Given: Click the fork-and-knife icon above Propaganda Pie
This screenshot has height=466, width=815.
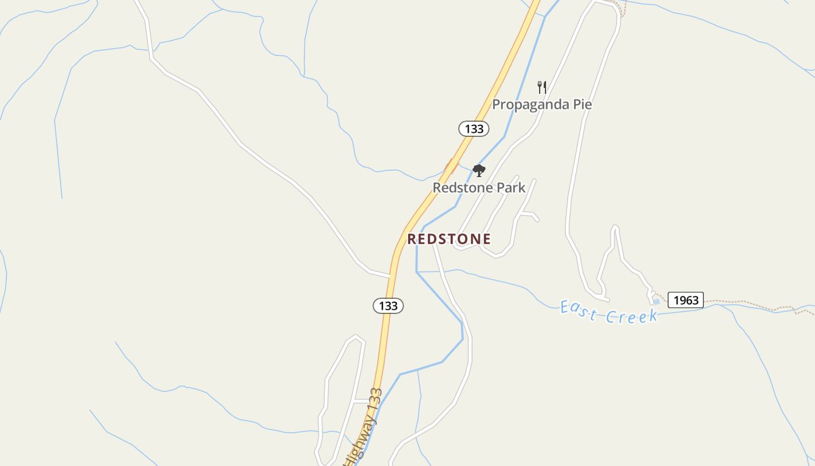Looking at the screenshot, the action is (x=542, y=87).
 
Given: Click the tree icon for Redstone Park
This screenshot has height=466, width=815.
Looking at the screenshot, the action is (x=479, y=171).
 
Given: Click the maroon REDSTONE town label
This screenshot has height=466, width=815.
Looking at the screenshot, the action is (x=449, y=239).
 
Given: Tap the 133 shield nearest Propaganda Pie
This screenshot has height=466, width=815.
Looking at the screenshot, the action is (x=474, y=129).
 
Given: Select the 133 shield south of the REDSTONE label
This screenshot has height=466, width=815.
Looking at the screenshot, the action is (x=388, y=306).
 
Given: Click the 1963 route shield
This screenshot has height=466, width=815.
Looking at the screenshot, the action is (x=685, y=300).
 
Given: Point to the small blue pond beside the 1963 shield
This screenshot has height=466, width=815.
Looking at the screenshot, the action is (x=657, y=302).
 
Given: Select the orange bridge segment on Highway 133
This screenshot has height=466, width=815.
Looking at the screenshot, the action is (x=451, y=166).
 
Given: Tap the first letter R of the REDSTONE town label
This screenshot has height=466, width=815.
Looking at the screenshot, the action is (x=412, y=239).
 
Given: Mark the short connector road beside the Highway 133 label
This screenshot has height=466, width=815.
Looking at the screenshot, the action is (x=362, y=401).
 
